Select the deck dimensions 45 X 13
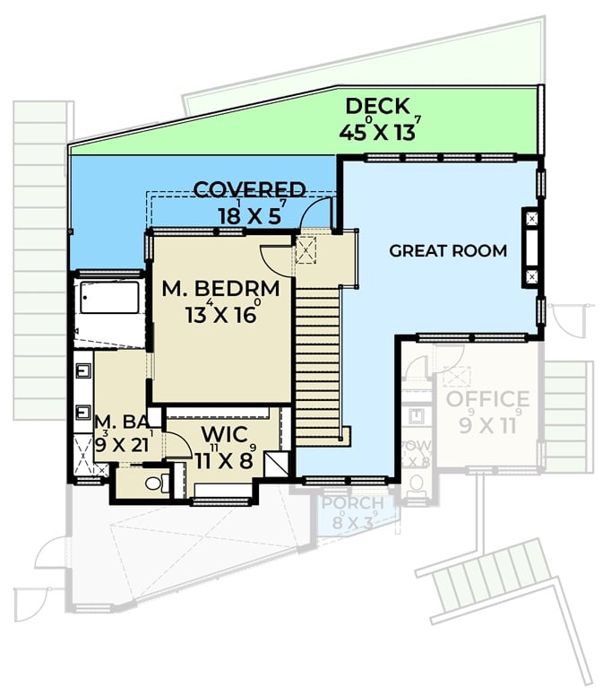(379, 131)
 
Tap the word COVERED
(249, 190)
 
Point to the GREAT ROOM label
(447, 251)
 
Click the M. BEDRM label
(220, 290)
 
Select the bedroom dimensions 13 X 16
(222, 315)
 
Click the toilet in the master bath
(155, 484)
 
